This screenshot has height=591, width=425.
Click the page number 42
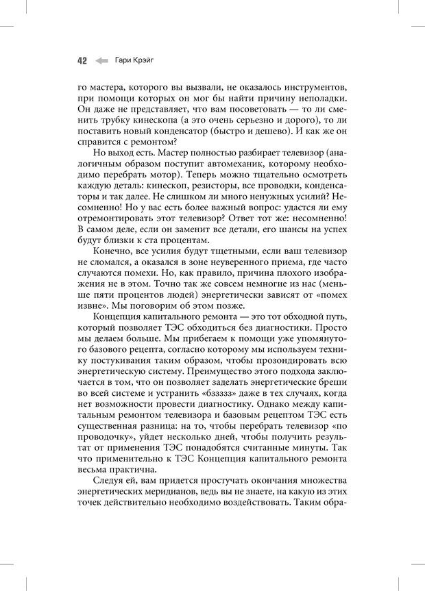pos(81,60)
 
